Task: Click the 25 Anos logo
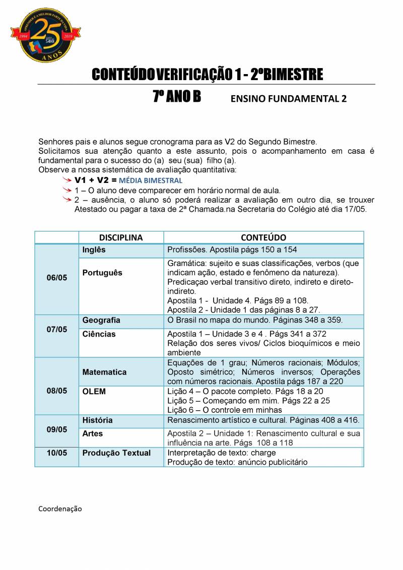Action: click(45, 35)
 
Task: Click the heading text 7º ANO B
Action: click(176, 97)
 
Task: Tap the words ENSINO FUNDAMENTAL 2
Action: click(289, 99)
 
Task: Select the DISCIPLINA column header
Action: click(121, 237)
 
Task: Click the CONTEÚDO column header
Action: click(263, 237)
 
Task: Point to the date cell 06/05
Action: click(56, 278)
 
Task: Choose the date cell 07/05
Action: click(56, 330)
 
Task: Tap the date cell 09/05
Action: click(56, 429)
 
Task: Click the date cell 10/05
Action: click(56, 453)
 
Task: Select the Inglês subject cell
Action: click(94, 250)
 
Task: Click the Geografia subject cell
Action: click(101, 321)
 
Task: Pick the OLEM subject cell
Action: click(94, 392)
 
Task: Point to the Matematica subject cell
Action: click(104, 372)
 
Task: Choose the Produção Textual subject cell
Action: click(116, 453)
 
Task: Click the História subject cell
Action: click(98, 420)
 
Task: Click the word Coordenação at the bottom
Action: click(60, 509)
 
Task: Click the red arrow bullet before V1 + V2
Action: click(66, 180)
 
